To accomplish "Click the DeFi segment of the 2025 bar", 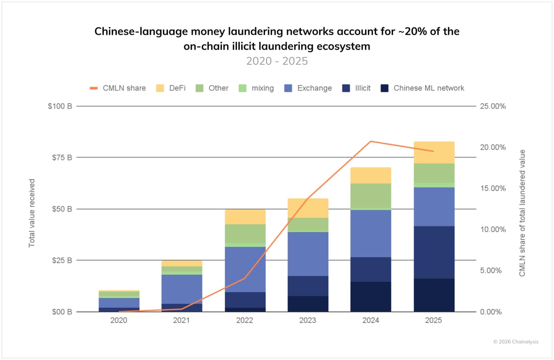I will click(434, 152).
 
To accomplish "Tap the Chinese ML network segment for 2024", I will click(371, 296).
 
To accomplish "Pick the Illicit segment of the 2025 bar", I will click(434, 252).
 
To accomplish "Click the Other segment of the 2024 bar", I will click(371, 195).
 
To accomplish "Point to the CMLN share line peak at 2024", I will click(371, 141).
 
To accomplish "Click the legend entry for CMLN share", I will click(118, 88).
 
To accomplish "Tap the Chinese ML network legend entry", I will click(422, 88).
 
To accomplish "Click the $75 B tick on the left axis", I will click(62, 157).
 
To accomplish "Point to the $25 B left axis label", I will click(62, 260).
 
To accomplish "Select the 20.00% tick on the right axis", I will click(493, 147).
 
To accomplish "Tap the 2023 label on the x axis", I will click(308, 321).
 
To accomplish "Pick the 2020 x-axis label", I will click(118, 321).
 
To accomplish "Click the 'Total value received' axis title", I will click(32, 213).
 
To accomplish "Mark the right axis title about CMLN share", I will click(522, 213).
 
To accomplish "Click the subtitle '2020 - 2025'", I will click(277, 61).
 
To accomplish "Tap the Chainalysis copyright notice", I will click(516, 342).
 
